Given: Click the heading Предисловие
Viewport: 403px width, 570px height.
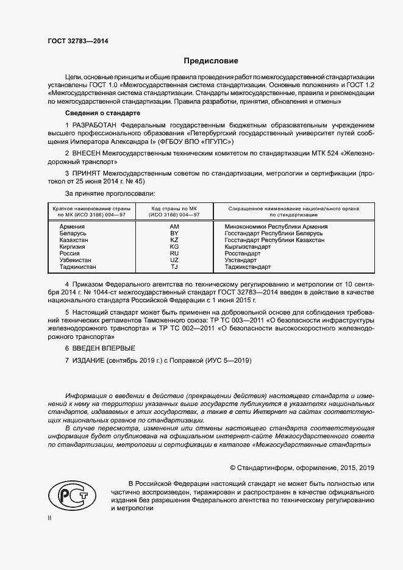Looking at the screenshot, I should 211,61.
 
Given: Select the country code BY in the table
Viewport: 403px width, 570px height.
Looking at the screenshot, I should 174,233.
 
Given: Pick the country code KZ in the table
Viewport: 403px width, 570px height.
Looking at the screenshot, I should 174,240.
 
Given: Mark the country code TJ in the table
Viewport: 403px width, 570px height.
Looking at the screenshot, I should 174,266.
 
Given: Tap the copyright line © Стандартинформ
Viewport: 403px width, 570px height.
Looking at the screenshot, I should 301,468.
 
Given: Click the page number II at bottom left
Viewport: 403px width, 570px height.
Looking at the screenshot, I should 49,518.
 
